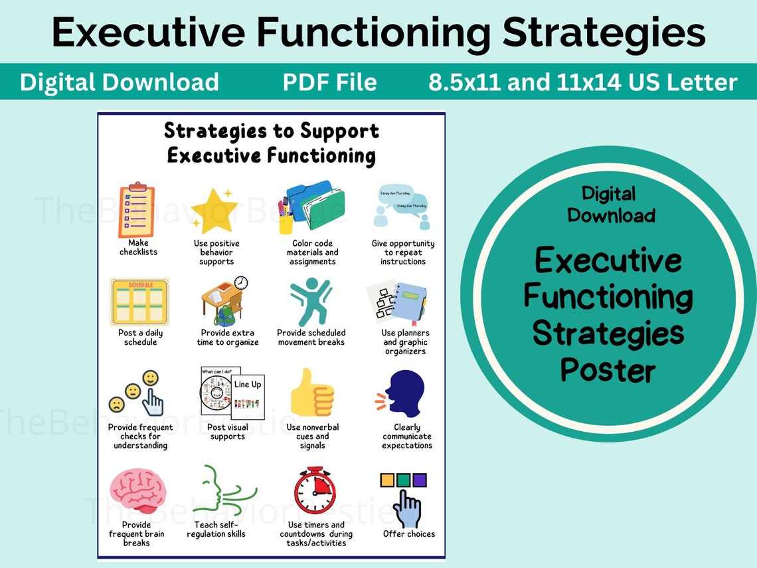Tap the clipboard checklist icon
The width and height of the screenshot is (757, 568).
(137, 209)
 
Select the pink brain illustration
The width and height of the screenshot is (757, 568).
(137, 490)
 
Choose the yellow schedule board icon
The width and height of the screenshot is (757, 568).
(139, 301)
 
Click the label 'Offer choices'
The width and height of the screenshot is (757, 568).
(408, 534)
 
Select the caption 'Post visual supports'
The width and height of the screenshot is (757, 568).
(227, 432)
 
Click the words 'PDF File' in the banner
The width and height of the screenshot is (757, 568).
(329, 82)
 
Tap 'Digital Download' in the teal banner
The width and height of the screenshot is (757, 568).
(120, 82)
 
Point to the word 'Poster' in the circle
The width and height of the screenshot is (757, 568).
(608, 369)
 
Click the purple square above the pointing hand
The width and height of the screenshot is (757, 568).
(419, 480)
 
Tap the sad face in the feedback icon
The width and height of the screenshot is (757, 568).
(117, 404)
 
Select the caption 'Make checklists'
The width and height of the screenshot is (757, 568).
(138, 247)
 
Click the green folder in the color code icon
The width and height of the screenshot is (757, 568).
(325, 207)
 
